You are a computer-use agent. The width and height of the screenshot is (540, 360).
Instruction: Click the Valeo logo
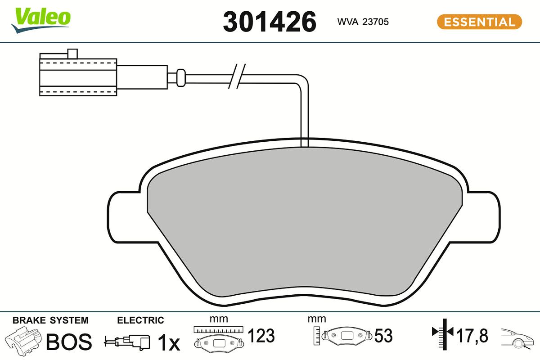(41, 20)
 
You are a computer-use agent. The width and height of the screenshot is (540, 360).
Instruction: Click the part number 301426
(270, 22)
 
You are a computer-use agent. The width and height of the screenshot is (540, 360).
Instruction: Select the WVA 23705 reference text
(363, 22)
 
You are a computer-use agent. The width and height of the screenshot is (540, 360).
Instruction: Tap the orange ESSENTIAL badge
(480, 22)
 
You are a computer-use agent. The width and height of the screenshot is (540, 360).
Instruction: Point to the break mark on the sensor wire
(237, 76)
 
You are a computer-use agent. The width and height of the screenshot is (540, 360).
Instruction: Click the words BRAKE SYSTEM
(50, 320)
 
